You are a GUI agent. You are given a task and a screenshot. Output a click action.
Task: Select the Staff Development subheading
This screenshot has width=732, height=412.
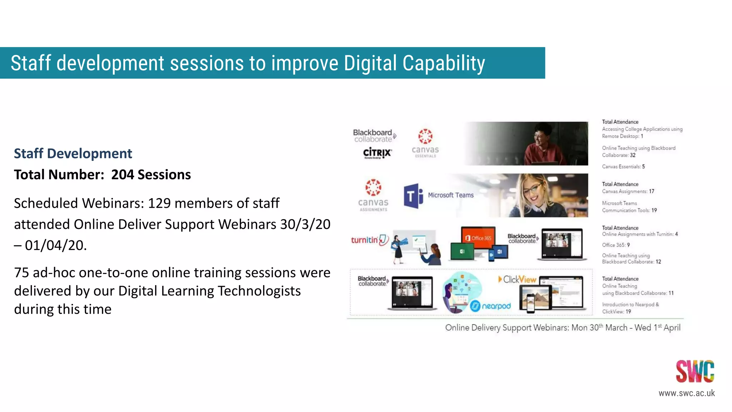point(73,153)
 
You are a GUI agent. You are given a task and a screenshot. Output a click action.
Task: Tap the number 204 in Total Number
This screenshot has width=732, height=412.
point(122,175)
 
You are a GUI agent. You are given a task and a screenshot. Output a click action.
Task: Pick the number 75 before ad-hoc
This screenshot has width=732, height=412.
point(21,273)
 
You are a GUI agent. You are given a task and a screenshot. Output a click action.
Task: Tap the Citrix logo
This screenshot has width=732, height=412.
point(377,153)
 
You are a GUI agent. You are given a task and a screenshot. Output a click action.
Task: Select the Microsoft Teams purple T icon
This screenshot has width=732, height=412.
point(413,196)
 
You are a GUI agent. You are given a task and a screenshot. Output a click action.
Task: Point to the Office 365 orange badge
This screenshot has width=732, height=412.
point(478,238)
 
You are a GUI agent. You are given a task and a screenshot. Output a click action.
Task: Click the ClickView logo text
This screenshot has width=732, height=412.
point(518,279)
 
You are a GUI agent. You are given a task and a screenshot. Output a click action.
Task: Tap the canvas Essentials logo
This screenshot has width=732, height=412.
point(425,143)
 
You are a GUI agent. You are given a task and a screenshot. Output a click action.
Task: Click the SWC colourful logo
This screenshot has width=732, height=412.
point(694,371)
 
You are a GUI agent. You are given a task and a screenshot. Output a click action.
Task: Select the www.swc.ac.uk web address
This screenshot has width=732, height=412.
point(686,393)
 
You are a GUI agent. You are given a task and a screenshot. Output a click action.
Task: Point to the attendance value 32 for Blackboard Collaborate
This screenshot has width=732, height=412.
point(633,155)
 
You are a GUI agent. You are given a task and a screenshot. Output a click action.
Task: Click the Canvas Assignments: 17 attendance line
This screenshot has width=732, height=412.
point(628,191)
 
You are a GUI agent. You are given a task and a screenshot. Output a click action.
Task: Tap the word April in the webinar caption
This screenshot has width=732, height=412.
point(672,328)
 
